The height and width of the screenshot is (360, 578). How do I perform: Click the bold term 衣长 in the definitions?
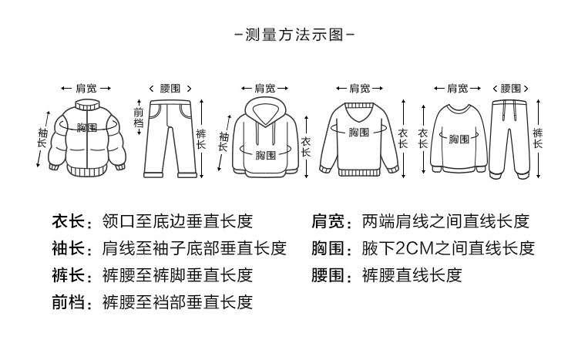(x=67, y=222)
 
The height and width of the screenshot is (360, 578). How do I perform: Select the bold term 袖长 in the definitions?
(x=67, y=249)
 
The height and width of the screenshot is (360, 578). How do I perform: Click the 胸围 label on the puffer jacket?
(x=87, y=126)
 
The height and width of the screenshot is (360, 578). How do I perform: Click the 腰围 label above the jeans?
(x=170, y=89)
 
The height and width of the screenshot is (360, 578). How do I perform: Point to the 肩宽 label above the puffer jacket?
(x=85, y=89)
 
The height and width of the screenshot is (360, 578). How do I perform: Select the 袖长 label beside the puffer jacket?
(x=42, y=139)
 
